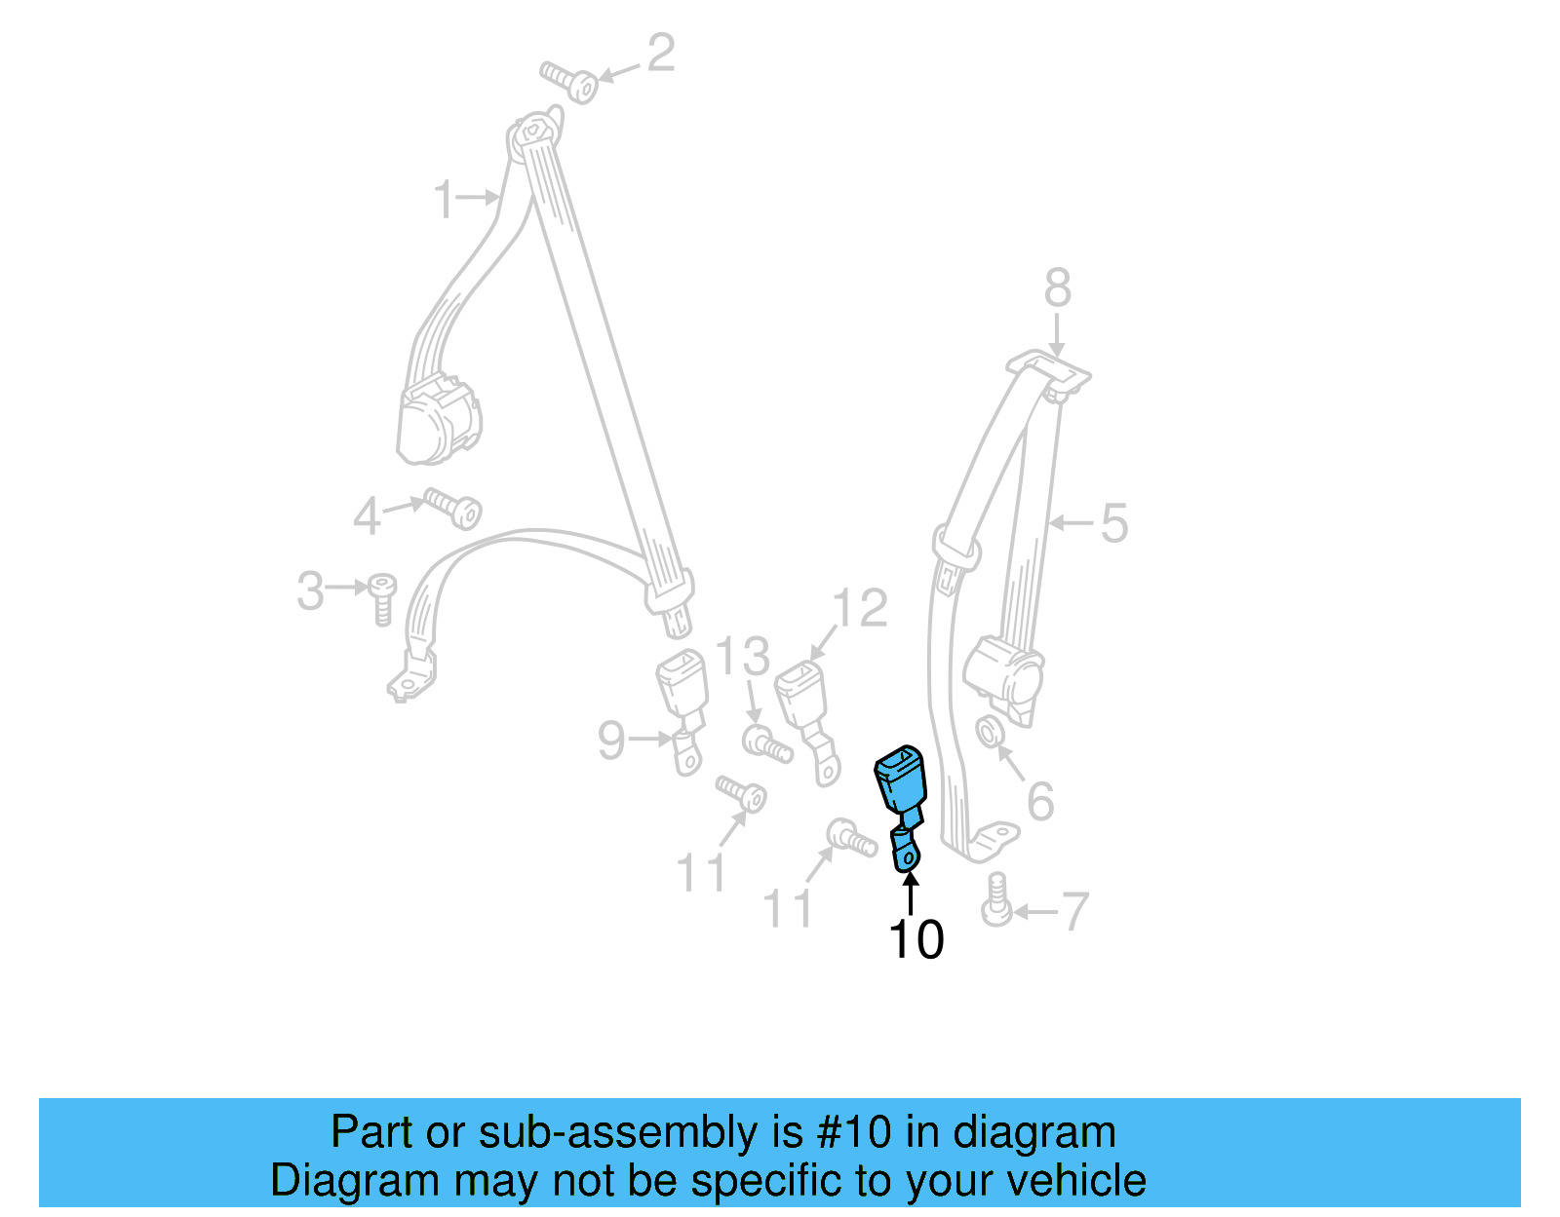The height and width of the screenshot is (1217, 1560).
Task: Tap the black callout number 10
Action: [x=916, y=940]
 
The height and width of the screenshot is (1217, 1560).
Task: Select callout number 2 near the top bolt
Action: [x=661, y=54]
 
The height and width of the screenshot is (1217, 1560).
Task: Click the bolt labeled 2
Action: [x=570, y=81]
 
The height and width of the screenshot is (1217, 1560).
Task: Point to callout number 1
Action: [x=445, y=199]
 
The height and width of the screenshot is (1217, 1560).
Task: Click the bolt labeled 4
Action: [x=452, y=508]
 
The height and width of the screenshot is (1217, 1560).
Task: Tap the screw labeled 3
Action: [x=382, y=597]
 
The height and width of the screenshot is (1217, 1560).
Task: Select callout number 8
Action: [x=1058, y=288]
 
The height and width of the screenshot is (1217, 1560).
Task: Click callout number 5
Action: [x=1113, y=523]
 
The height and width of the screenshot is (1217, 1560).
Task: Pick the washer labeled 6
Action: [x=988, y=731]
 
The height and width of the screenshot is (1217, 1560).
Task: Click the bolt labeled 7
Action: [x=996, y=899]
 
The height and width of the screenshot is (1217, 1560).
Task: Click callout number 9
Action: [x=611, y=741]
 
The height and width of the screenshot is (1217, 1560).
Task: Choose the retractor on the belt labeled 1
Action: [x=439, y=421]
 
